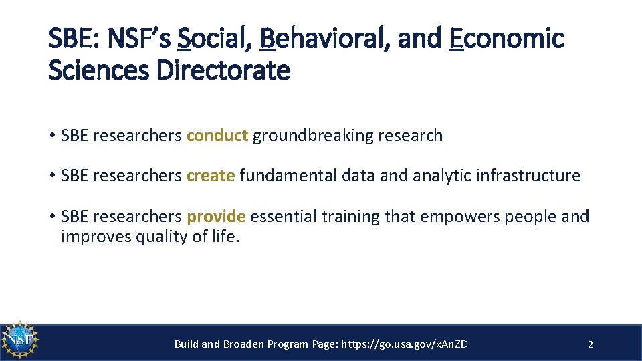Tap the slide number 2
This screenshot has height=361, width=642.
(x=590, y=344)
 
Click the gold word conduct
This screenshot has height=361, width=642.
(x=217, y=136)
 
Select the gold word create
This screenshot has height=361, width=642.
(x=211, y=176)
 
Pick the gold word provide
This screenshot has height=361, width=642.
(x=216, y=217)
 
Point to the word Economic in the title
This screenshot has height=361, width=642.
(x=507, y=39)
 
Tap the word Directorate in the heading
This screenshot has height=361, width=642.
(x=223, y=70)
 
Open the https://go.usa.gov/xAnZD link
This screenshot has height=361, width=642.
(x=405, y=344)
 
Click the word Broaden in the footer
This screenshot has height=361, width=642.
(x=243, y=344)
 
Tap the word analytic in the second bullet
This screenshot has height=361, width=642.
(x=442, y=176)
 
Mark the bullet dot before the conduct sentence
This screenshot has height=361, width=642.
(x=51, y=136)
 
